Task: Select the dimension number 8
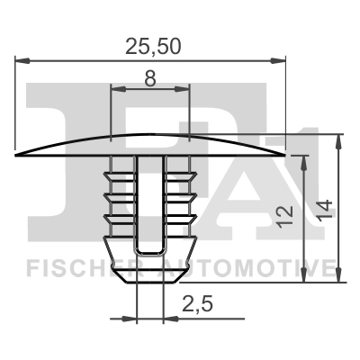pyautogui.click(x=149, y=78)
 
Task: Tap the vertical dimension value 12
pyautogui.click(x=286, y=214)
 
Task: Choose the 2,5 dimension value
pyautogui.click(x=196, y=305)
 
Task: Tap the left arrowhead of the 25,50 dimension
pyautogui.click(x=22, y=61)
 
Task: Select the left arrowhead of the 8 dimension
pyautogui.click(x=114, y=89)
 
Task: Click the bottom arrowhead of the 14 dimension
pyautogui.click(x=340, y=280)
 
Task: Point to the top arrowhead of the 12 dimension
pyautogui.click(x=307, y=159)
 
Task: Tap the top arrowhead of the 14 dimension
pyautogui.click(x=340, y=139)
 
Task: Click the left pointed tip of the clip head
pyautogui.click(x=17, y=156)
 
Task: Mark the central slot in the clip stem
pyautogui.click(x=149, y=202)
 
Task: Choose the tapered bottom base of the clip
pyautogui.click(x=149, y=265)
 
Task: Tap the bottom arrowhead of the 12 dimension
pyautogui.click(x=307, y=280)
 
